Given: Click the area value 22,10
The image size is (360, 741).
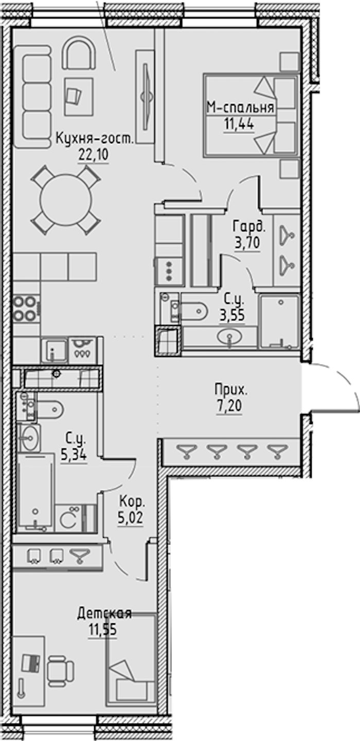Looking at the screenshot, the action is click(x=93, y=154).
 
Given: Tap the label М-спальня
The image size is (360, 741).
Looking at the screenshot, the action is click(x=241, y=108).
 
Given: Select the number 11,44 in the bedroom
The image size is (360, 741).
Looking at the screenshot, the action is click(x=239, y=124).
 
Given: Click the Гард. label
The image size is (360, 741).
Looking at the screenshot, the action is click(x=249, y=227).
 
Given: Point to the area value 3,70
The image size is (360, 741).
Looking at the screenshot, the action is click(x=247, y=243).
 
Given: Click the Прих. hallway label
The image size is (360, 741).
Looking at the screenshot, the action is click(x=230, y=390).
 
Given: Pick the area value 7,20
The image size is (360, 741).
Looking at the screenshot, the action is click(x=229, y=406).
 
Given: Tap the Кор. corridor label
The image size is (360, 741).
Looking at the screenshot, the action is click(x=132, y=502).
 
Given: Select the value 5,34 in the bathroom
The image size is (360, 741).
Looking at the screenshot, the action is click(x=74, y=455).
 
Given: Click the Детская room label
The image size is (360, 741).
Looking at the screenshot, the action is click(x=104, y=613).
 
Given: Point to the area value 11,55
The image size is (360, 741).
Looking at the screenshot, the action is click(x=102, y=629).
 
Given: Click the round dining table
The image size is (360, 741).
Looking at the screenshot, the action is click(x=66, y=201).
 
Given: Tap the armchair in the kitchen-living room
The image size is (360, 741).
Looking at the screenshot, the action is click(x=79, y=53).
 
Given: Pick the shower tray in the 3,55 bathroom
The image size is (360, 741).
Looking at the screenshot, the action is click(x=280, y=321).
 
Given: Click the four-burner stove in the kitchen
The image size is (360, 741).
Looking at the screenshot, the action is click(x=26, y=309).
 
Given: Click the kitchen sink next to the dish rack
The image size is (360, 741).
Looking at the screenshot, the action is click(x=55, y=351).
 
